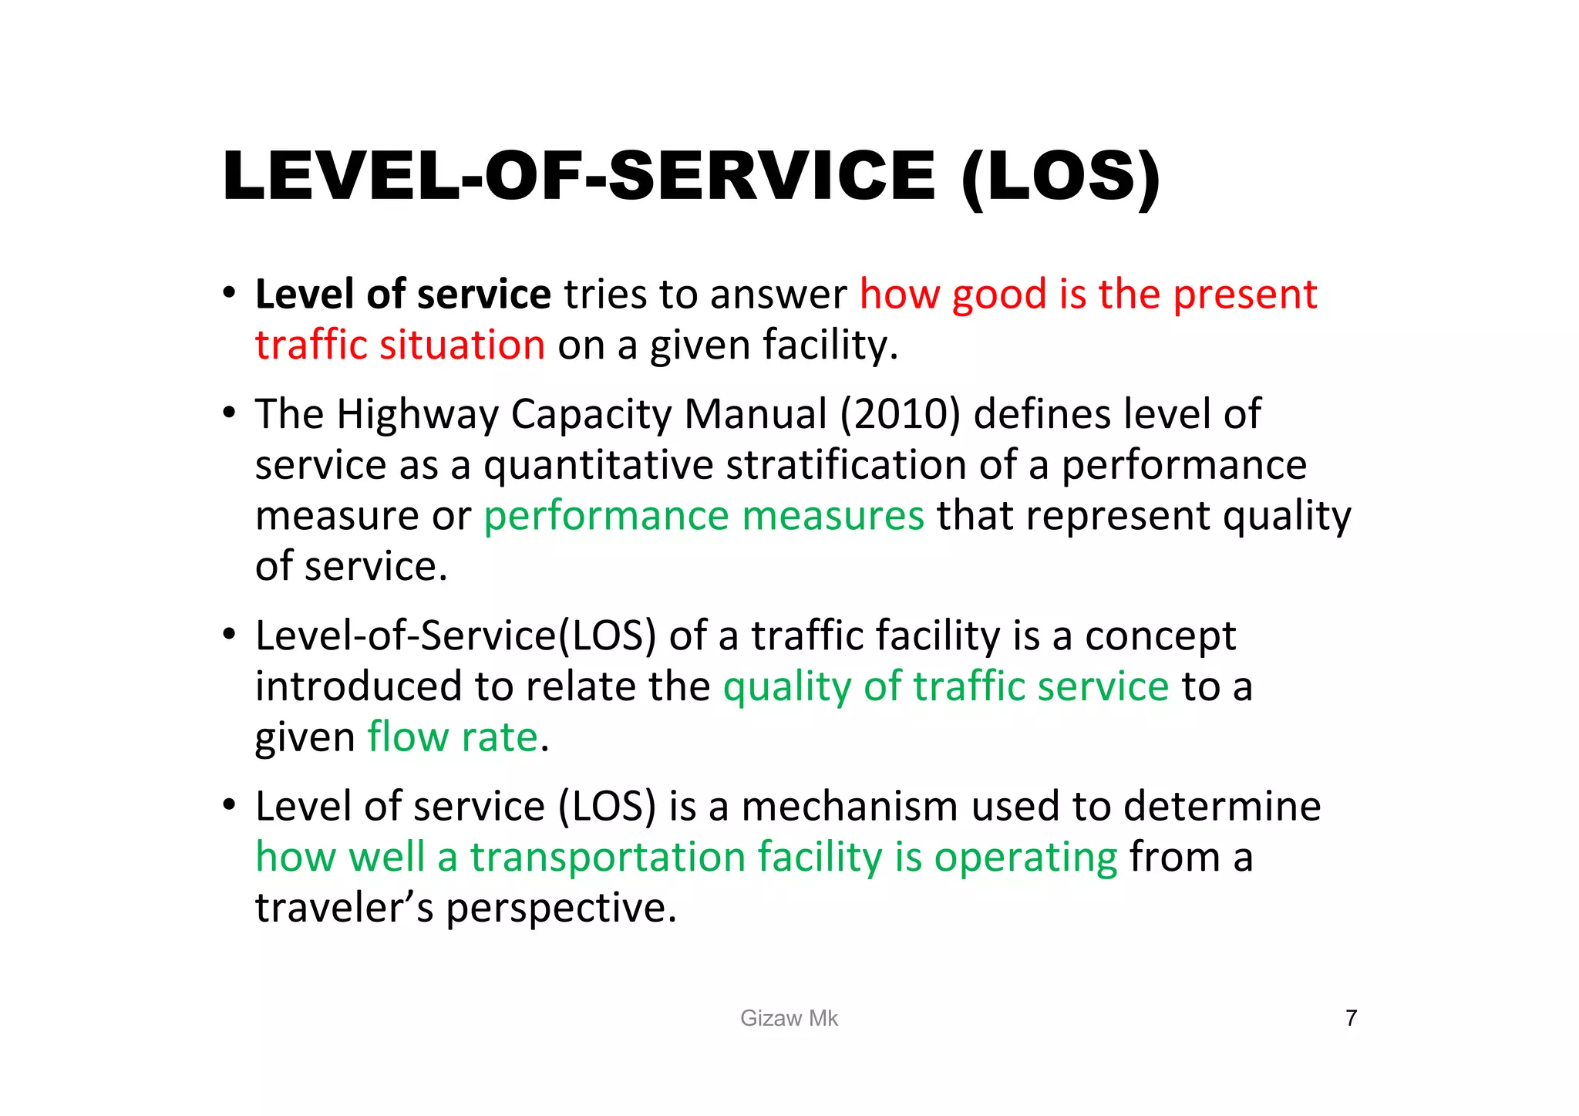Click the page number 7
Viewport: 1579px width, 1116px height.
coord(1351,1018)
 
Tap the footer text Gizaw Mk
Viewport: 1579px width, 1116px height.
coord(789,1018)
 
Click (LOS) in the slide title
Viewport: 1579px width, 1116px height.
coord(1060,177)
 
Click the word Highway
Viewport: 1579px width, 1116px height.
coord(418,414)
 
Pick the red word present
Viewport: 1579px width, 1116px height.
coord(1244,295)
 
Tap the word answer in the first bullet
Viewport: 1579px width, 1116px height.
coord(778,295)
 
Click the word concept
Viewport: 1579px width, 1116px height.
coord(1160,636)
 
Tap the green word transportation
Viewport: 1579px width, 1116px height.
coord(607,857)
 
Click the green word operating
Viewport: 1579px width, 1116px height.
coord(1025,857)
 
